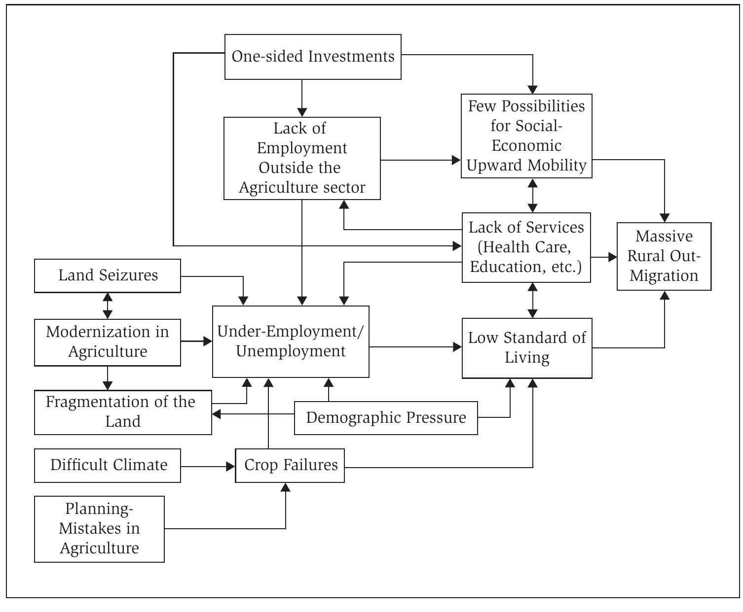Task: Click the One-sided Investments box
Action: coord(313,57)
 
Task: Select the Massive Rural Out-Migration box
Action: coord(664,256)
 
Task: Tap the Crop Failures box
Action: coord(290,465)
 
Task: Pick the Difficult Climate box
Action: coord(108,465)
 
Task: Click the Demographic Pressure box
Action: coord(386,418)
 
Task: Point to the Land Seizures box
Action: coord(108,275)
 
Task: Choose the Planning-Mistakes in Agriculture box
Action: coord(99,529)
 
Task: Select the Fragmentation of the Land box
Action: coord(123,412)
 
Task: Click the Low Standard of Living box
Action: coord(527,348)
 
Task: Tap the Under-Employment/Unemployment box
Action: coord(291,341)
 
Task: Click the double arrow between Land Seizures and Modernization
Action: coord(108,306)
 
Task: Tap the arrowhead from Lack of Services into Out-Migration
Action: coord(612,257)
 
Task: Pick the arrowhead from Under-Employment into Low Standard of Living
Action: coord(457,347)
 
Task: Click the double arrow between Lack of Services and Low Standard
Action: coord(532,300)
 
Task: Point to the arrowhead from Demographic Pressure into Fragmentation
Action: coord(216,414)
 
